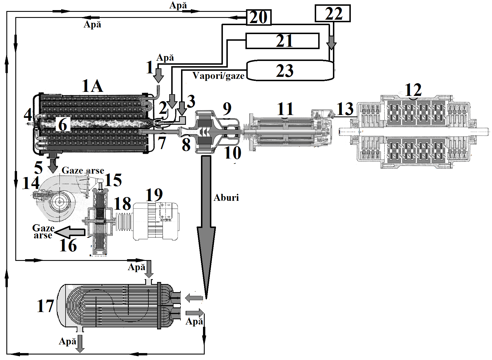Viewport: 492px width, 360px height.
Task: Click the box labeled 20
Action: pos(259,17)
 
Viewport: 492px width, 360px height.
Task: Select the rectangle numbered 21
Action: pos(282,41)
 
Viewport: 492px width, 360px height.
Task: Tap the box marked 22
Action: pos(333,13)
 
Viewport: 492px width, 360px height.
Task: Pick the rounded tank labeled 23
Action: pos(290,70)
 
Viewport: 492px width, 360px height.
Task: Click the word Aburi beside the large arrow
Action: pos(226,198)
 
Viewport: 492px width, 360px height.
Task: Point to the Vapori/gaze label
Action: pos(219,76)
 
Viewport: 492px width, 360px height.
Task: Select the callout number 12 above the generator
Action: pos(413,90)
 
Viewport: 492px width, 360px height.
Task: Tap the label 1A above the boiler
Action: pos(92,86)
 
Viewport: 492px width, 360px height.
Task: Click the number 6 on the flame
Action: pos(63,125)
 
